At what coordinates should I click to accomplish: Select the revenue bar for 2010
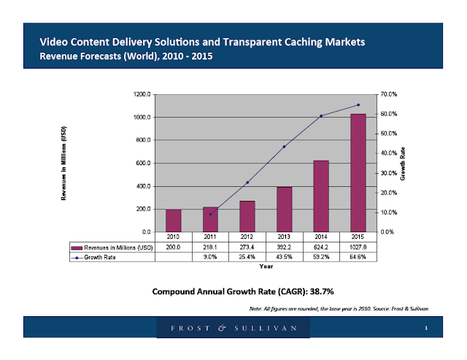tap(173, 221)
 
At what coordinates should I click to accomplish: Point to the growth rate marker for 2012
tap(247, 182)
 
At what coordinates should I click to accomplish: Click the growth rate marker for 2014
tap(321, 115)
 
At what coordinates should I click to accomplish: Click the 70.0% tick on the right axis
tap(387, 94)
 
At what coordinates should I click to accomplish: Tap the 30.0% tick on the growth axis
tap(387, 173)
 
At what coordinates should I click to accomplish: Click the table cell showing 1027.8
tap(358, 248)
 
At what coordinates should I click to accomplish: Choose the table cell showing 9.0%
tap(210, 257)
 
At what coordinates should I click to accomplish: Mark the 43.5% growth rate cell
tap(284, 257)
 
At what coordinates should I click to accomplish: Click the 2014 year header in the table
tap(321, 237)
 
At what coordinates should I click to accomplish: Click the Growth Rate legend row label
tap(103, 257)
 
